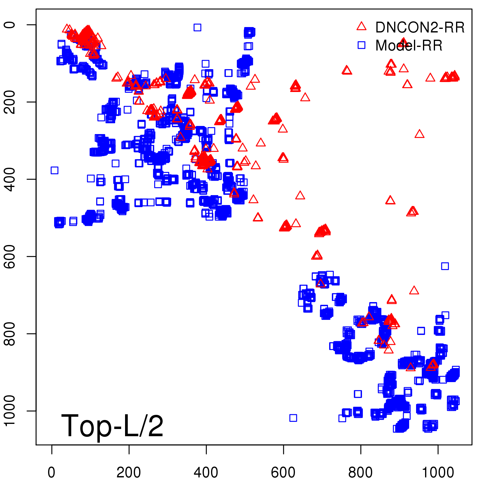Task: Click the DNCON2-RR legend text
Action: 420,28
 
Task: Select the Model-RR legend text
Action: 409,46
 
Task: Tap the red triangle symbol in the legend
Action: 361,26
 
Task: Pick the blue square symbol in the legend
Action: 361,45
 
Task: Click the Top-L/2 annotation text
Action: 112,426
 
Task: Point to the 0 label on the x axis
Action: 52,472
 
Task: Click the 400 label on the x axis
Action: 206,472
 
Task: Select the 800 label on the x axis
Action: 360,472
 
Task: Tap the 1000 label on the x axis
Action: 438,472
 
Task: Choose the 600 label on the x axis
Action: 283,472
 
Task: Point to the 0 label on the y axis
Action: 10,25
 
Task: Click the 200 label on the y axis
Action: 10,102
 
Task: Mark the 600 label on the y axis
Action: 10,256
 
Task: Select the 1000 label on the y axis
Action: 10,411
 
